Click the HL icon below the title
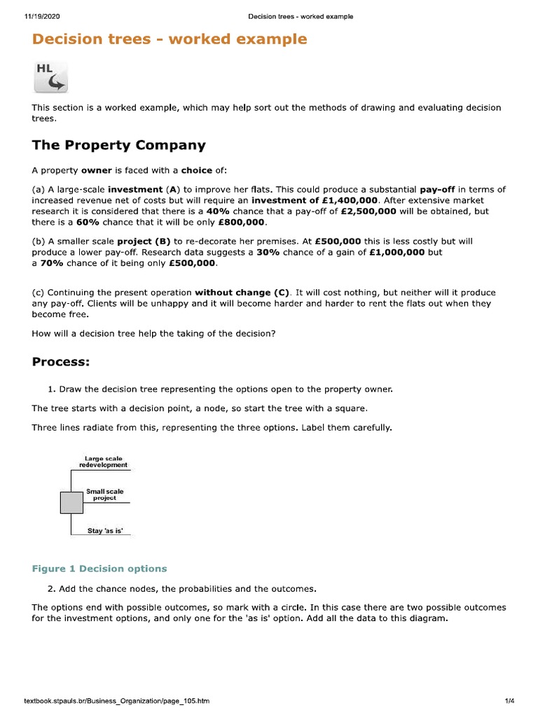[x=51, y=77]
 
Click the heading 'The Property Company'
[x=119, y=146]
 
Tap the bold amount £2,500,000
[x=368, y=211]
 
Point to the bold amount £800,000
[x=242, y=222]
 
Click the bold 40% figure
[x=218, y=211]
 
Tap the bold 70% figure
[x=53, y=263]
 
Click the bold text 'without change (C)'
[x=242, y=292]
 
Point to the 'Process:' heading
[x=60, y=361]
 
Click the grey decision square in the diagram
[x=71, y=503]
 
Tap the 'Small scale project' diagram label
[x=104, y=494]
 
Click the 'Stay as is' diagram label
[x=105, y=531]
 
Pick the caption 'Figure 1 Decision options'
[x=99, y=569]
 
